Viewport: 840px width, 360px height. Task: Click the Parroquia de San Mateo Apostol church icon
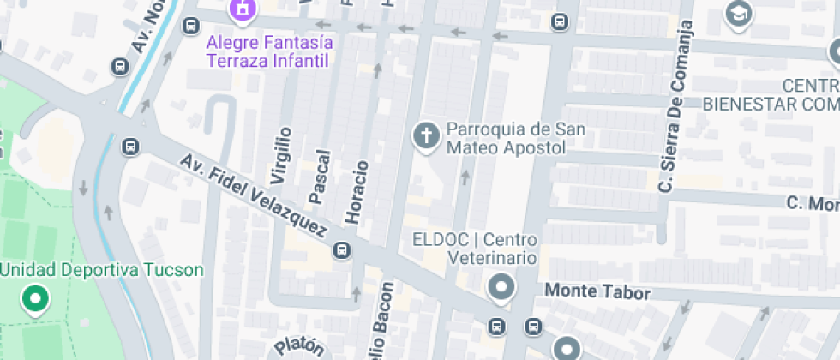[x=424, y=135]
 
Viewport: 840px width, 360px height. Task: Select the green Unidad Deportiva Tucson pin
[x=35, y=300]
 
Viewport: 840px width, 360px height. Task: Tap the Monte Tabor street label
[x=597, y=292]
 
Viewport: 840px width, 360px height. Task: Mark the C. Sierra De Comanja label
[x=675, y=106]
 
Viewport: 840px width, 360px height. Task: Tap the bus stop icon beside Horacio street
[x=341, y=251]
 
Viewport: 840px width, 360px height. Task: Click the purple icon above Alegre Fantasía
[x=243, y=9]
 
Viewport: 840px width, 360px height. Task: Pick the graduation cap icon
[x=736, y=14]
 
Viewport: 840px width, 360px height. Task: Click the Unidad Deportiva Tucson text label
[x=102, y=271]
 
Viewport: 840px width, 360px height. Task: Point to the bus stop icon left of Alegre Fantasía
[x=189, y=26]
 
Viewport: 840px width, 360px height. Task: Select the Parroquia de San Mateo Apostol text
[x=515, y=138]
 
